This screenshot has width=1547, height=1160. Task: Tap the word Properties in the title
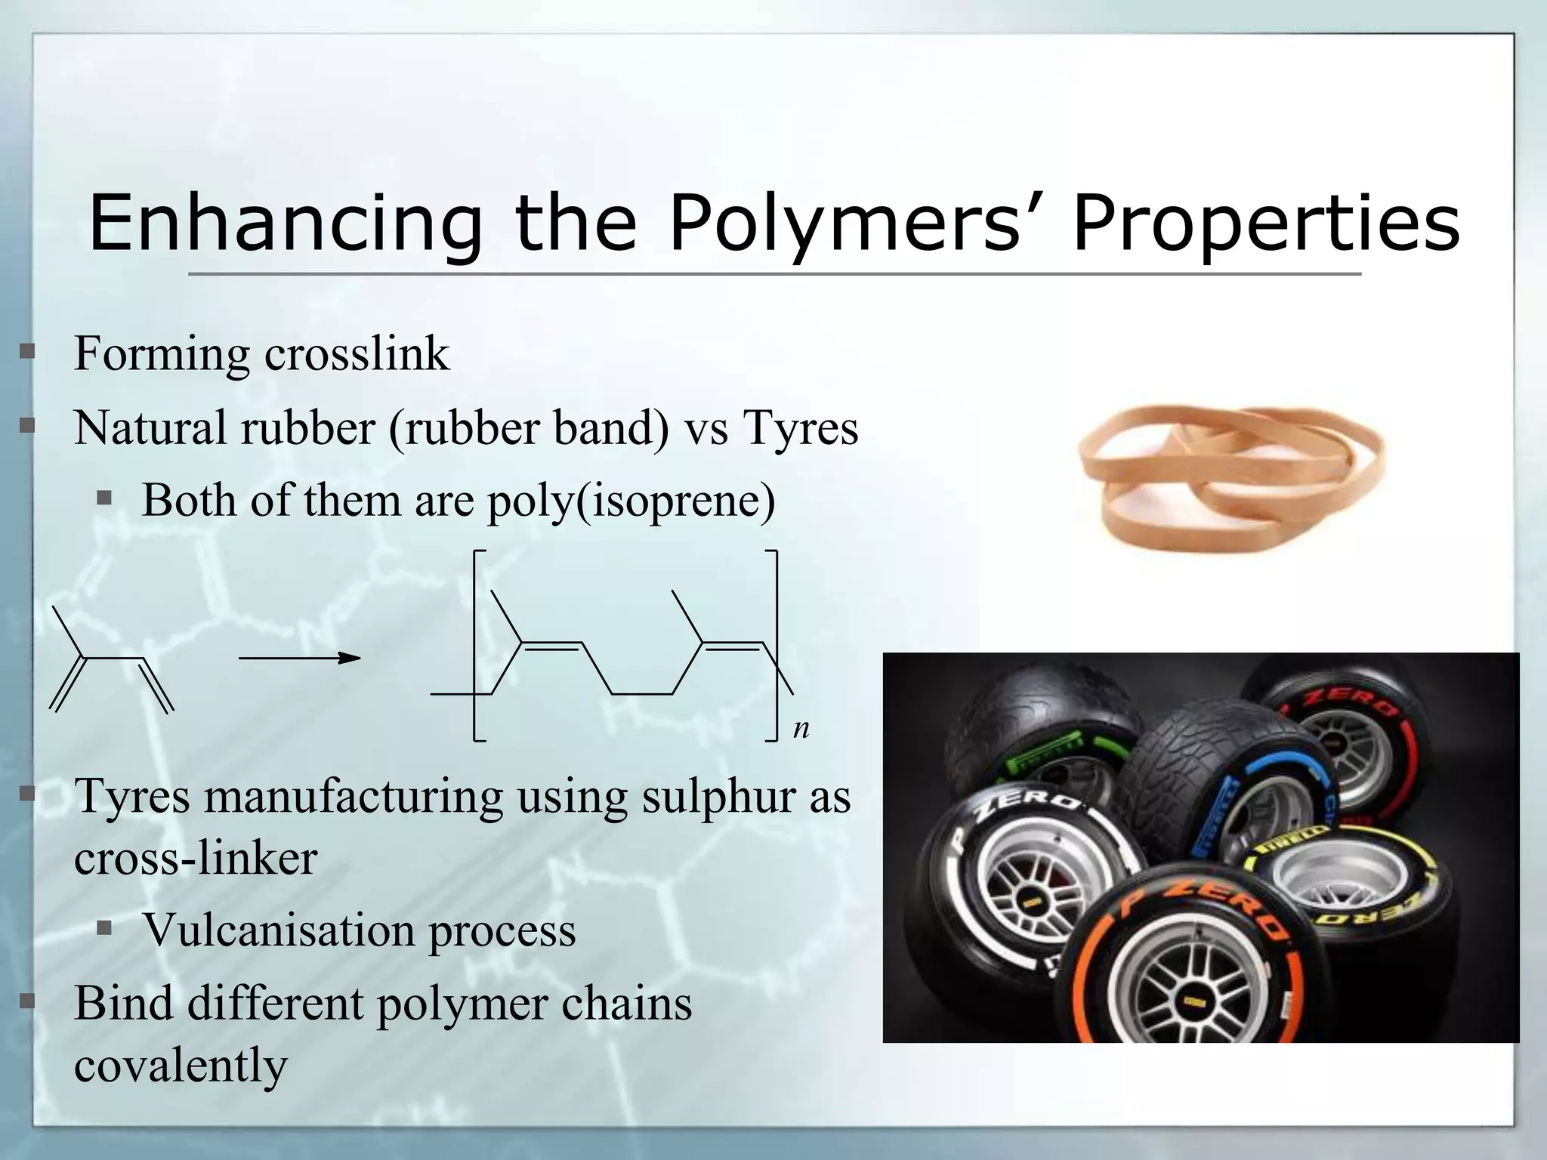(x=1266, y=224)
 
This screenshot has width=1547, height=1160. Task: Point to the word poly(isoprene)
(x=631, y=501)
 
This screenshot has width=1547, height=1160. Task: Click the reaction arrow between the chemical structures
(x=300, y=659)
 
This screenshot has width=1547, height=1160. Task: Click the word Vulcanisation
(x=279, y=930)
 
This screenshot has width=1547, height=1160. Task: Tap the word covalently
(x=181, y=1066)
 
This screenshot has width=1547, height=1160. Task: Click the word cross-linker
(x=196, y=859)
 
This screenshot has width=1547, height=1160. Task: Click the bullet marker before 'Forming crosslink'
(x=28, y=351)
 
